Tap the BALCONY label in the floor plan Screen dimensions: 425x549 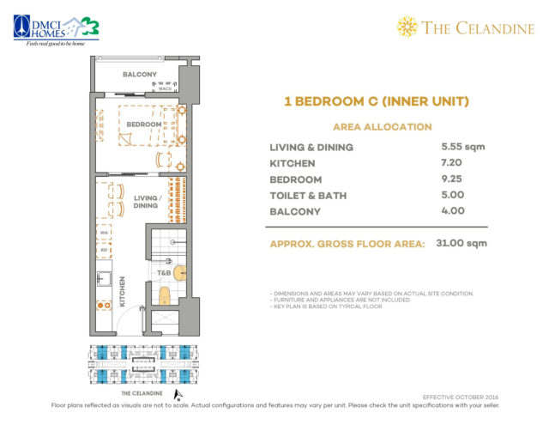click(x=138, y=75)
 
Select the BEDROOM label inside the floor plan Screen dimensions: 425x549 click(x=143, y=124)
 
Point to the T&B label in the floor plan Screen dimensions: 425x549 click(x=163, y=273)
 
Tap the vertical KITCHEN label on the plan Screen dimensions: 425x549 click(x=124, y=292)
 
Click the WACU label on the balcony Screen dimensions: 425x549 click(x=166, y=88)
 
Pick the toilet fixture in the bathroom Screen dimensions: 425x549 click(x=166, y=297)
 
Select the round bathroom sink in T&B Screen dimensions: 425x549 click(x=180, y=272)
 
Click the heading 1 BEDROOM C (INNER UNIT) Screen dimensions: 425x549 click(x=376, y=102)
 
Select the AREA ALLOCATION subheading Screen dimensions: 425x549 click(x=376, y=126)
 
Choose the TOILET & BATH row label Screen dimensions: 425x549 click(x=308, y=195)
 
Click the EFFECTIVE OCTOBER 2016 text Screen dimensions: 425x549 click(x=461, y=396)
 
